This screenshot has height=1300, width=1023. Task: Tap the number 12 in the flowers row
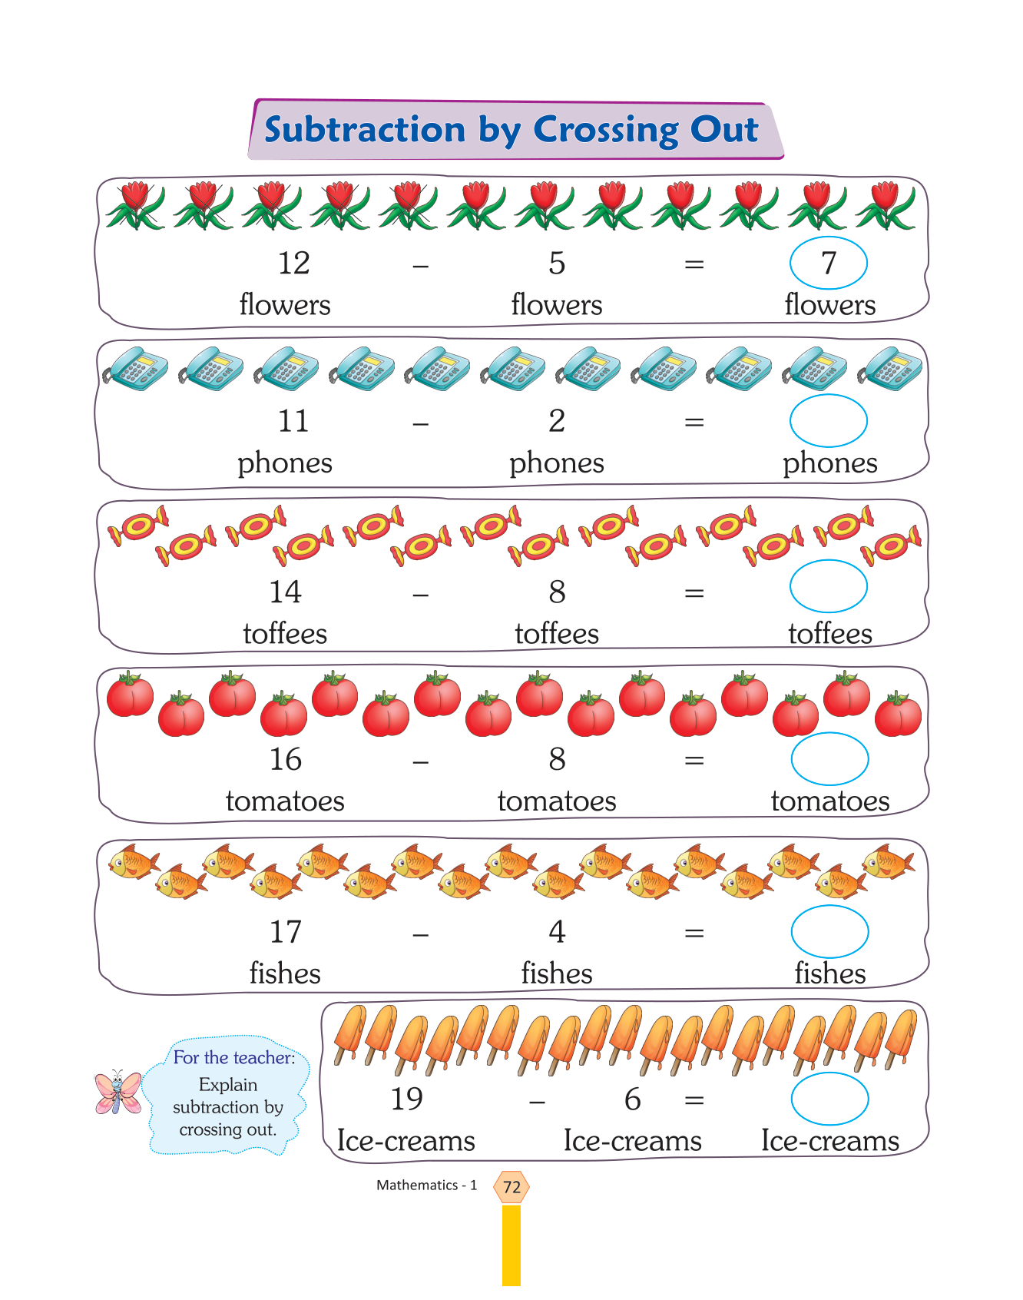pos(293,264)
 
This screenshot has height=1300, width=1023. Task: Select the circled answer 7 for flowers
pos(828,263)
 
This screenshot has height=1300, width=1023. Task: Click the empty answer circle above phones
pos(828,420)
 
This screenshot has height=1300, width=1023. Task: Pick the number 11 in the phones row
pos(293,421)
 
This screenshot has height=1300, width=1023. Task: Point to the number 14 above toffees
pos(285,592)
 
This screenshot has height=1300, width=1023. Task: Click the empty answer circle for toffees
pos(828,586)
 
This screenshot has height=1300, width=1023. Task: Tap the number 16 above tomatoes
pos(285,760)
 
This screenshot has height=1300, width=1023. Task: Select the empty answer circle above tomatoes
pos(829,759)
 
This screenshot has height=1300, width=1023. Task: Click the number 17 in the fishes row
pos(285,932)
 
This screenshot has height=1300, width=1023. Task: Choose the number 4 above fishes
pos(557,932)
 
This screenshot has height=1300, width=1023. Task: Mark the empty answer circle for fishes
pos(829,931)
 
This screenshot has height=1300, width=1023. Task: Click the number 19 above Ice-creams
pos(406,1099)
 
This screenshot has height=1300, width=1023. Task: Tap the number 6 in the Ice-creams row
pos(632,1099)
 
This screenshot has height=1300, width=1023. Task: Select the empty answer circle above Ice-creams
pos(829,1099)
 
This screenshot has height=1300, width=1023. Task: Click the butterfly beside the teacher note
pos(118,1093)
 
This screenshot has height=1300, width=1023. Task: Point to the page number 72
pos(511,1187)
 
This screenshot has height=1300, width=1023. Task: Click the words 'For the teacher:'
pos(233,1058)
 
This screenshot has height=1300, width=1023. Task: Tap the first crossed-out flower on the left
pos(135,205)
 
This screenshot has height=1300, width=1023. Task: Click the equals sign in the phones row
pos(694,422)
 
